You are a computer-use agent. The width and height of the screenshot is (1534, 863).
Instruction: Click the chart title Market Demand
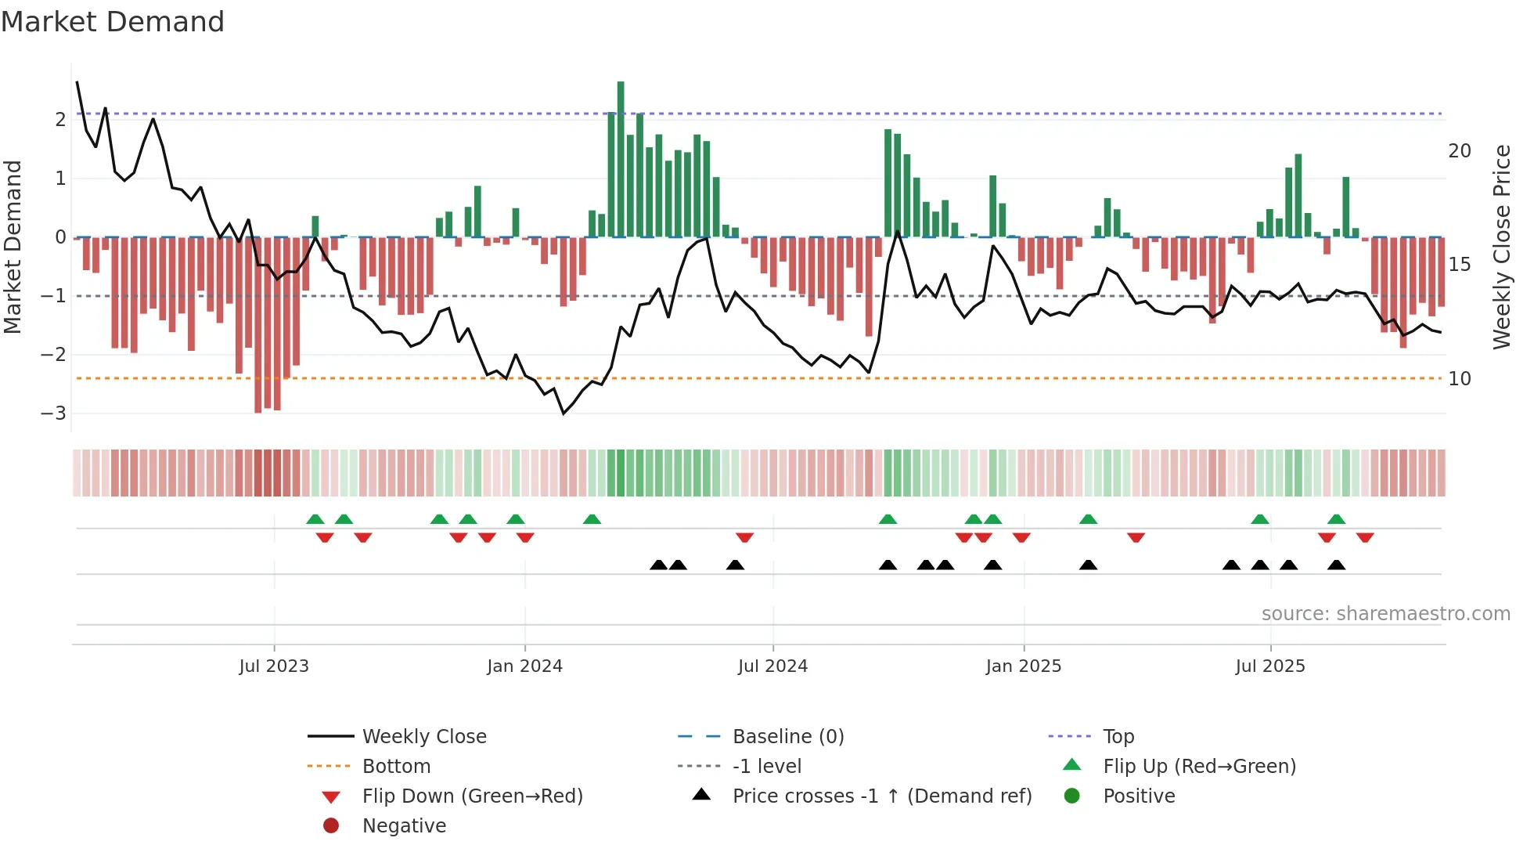click(113, 22)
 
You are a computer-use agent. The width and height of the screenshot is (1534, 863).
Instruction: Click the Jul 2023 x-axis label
click(274, 666)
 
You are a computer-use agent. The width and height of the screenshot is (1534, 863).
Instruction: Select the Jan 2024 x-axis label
click(524, 666)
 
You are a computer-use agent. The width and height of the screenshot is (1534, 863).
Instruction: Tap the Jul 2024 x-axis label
click(772, 666)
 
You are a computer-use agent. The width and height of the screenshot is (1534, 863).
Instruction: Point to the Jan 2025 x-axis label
click(1023, 666)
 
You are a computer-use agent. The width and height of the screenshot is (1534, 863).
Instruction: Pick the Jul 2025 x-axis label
click(1270, 666)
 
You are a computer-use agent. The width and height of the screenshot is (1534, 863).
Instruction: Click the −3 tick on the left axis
click(53, 413)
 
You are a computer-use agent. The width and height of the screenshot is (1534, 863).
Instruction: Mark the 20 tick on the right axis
click(1460, 151)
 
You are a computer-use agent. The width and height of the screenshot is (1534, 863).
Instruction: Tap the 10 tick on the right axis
click(1460, 379)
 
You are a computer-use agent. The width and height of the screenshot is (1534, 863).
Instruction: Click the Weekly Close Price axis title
click(1501, 247)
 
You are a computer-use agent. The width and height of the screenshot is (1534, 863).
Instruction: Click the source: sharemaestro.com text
click(1385, 614)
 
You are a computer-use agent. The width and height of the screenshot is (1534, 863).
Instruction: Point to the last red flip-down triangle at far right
click(1365, 537)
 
